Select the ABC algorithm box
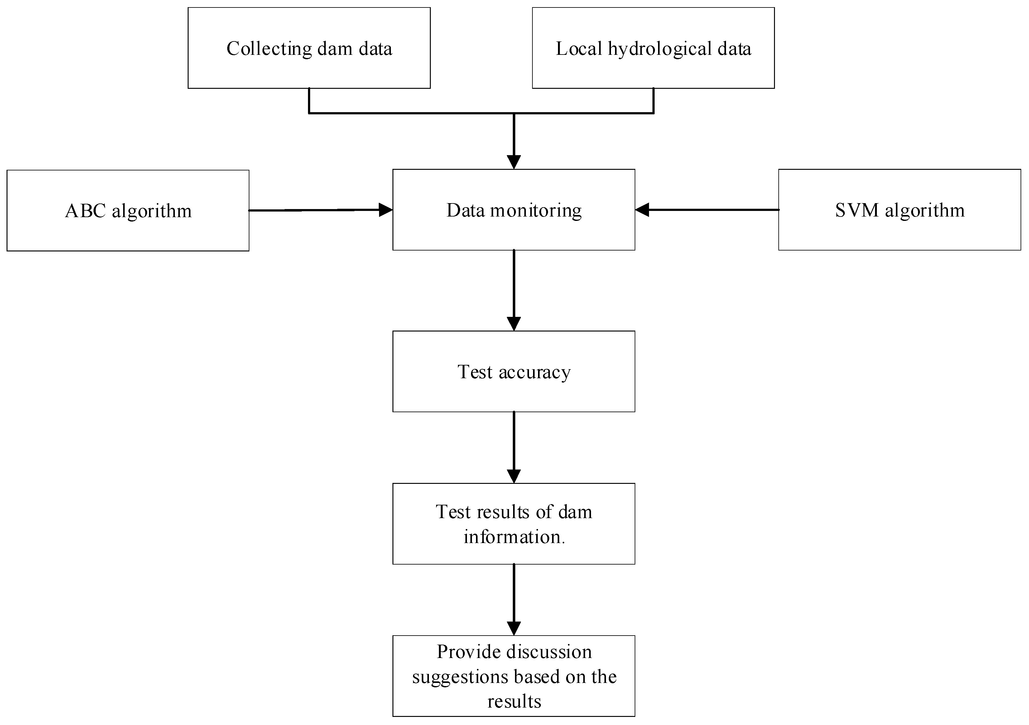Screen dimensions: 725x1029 point(128,211)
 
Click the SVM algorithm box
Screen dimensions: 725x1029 point(899,210)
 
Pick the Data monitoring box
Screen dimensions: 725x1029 point(514,210)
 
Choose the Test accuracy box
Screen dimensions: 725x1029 point(514,371)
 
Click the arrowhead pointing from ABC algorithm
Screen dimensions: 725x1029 point(385,210)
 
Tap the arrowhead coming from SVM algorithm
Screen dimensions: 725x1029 point(642,210)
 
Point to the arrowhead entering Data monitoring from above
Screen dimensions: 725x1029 point(514,162)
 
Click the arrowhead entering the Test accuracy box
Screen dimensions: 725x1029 point(514,324)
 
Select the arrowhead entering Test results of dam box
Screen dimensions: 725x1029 point(514,476)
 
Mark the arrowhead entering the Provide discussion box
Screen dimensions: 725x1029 point(514,628)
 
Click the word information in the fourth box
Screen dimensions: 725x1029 point(514,537)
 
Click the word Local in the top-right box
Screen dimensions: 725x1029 point(579,48)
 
